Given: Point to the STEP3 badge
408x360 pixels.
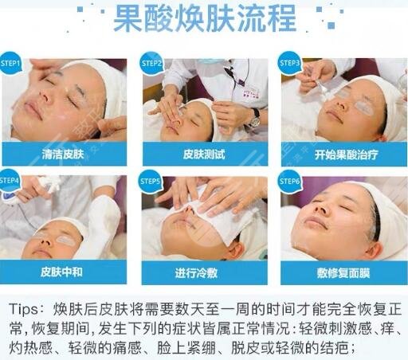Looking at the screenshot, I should click(291, 63).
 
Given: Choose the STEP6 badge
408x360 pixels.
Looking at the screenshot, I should click(291, 181).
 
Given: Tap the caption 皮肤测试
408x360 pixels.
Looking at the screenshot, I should click(204, 152).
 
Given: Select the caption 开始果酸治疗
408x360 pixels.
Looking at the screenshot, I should click(343, 152).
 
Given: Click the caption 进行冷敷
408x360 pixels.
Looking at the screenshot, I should click(204, 271).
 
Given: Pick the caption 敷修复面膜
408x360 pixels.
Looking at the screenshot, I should click(343, 271).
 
